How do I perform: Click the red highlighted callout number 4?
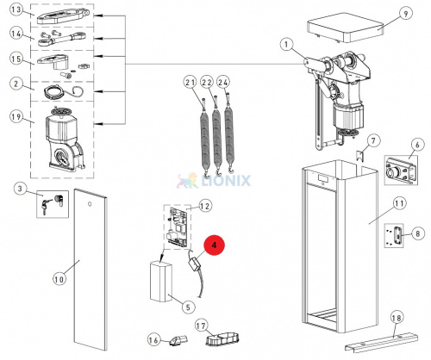point(214,245)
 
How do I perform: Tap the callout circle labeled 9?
point(405,14)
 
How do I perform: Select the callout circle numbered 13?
point(16,9)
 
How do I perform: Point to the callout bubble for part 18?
point(397,318)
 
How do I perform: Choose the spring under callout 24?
point(228,132)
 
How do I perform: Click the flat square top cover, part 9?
point(347,28)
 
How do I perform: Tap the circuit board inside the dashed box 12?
point(178,227)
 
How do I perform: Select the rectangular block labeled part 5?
point(160,282)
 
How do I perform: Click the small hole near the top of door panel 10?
point(90,204)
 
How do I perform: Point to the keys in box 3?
point(45,205)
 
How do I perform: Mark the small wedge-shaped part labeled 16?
point(179,340)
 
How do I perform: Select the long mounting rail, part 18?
point(382,343)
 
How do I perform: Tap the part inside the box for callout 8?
point(398,235)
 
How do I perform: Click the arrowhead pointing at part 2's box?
point(98,91)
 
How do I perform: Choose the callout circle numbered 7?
point(373,140)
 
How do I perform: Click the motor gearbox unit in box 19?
point(64,140)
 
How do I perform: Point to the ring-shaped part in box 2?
point(55,93)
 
